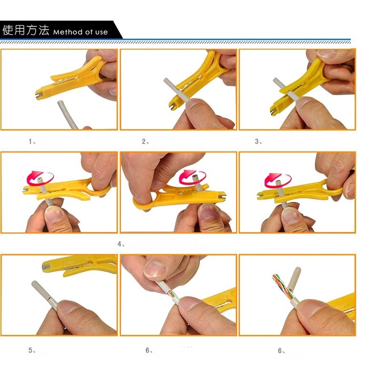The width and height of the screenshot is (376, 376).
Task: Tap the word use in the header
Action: click(x=101, y=32)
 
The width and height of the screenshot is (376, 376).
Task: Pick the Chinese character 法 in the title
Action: click(x=43, y=30)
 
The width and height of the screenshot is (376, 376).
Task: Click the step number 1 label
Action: click(x=30, y=141)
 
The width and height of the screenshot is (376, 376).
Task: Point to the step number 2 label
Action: click(x=144, y=141)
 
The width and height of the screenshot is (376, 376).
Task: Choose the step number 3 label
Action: click(x=257, y=141)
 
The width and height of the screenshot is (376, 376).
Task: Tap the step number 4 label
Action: click(x=120, y=244)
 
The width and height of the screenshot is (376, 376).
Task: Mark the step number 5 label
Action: click(x=31, y=350)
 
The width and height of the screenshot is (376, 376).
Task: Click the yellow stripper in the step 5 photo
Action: click(x=79, y=264)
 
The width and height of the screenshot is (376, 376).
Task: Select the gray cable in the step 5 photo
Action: click(x=45, y=295)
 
